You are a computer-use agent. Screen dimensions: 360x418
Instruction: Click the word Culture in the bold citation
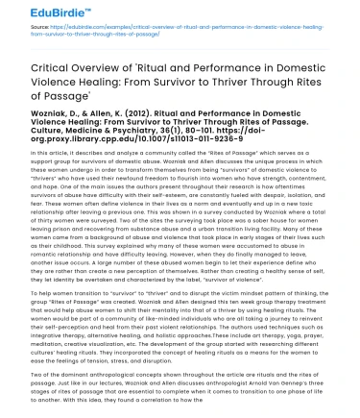pyautogui.click(x=48, y=152)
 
